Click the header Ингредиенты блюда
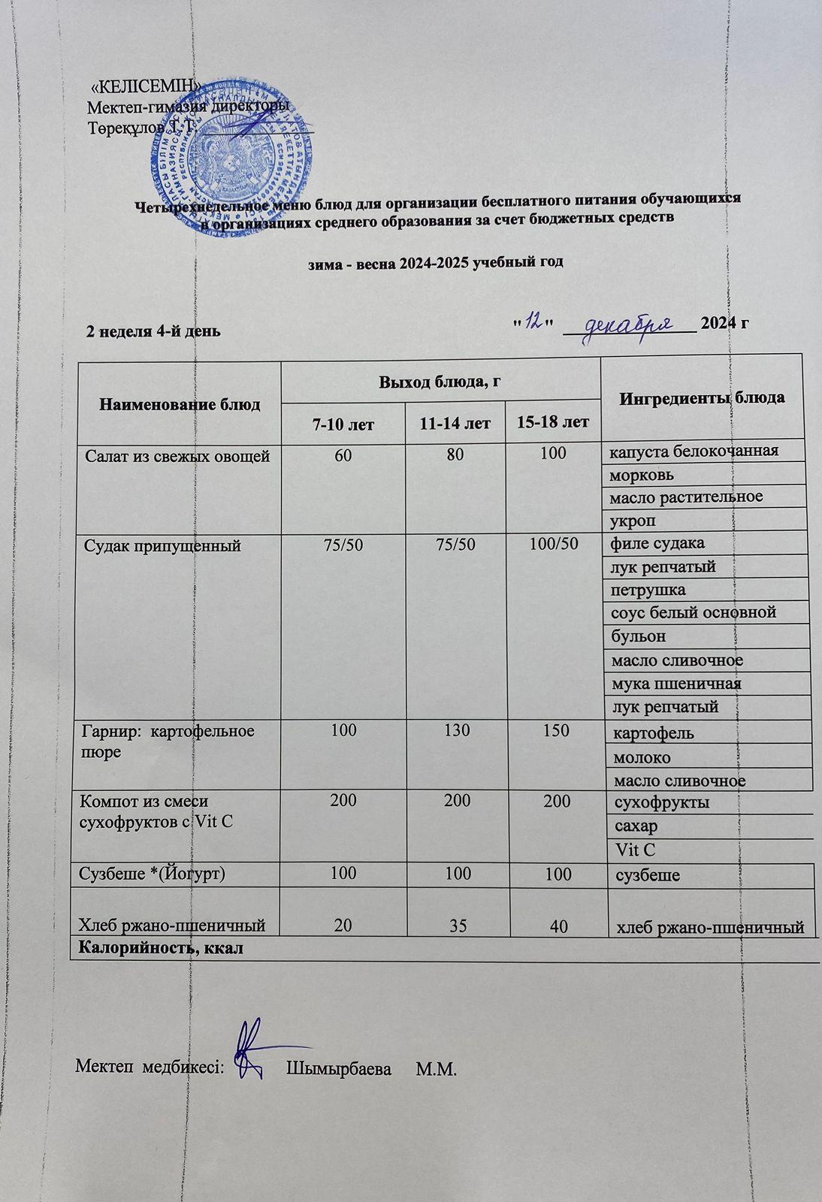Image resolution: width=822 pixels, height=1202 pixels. click(703, 397)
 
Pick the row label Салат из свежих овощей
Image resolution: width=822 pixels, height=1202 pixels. click(177, 455)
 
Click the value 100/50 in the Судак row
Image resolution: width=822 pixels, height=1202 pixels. click(554, 543)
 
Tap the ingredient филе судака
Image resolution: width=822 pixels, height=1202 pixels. click(658, 542)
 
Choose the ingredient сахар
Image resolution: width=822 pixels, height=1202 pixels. click(636, 826)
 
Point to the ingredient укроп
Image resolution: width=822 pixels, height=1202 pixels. click(633, 521)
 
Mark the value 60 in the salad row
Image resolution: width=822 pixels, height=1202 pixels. click(343, 455)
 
